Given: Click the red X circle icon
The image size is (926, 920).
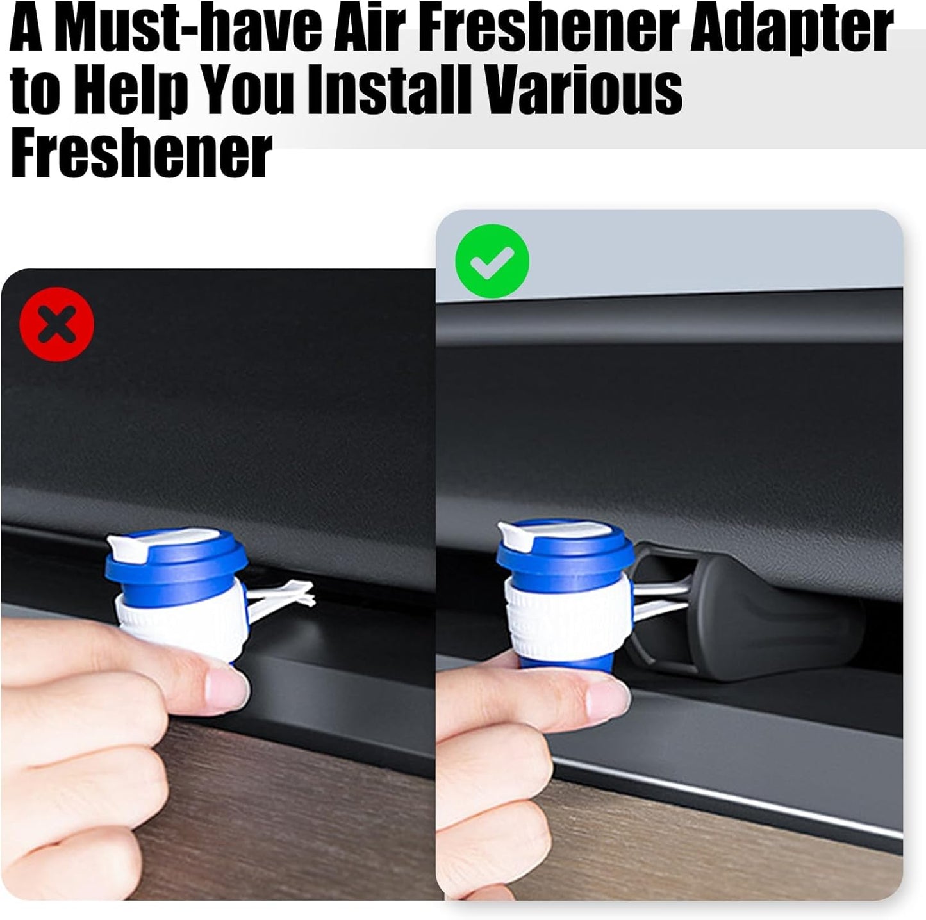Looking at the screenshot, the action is click(56, 324).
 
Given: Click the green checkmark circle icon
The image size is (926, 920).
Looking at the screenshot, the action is click(492, 261).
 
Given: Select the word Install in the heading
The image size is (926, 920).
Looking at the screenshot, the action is click(389, 90).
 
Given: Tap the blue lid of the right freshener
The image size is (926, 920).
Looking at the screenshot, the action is click(566, 552).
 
